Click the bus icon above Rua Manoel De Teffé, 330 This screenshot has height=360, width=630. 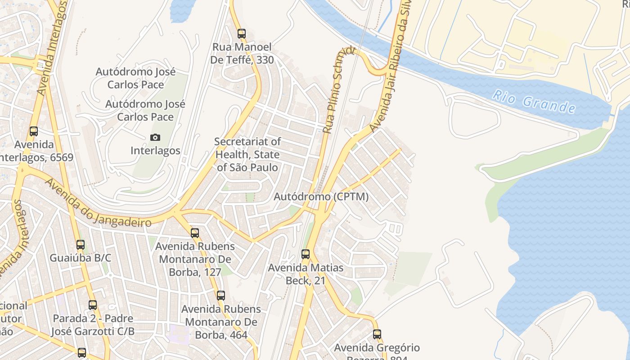[x=242, y=33]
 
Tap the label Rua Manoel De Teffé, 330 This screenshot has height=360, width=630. [x=243, y=53]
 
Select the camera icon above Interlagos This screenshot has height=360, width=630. [x=155, y=137]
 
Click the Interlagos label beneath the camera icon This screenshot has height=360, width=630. [x=155, y=150]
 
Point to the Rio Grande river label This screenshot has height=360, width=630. [x=534, y=102]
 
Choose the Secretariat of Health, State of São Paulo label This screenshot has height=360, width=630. [x=247, y=154]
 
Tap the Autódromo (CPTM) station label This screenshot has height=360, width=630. [x=321, y=197]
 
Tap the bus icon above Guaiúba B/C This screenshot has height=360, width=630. [x=81, y=245]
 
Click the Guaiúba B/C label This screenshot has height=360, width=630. [x=81, y=258]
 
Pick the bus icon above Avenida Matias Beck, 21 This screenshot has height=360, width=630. [x=306, y=254]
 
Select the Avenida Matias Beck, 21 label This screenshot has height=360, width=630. [x=306, y=274]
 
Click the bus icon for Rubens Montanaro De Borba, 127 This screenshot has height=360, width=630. [x=195, y=233]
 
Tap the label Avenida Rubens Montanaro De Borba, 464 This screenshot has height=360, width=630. [x=221, y=322]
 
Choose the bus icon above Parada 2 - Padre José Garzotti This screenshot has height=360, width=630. [x=93, y=305]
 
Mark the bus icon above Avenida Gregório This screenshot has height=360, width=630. [x=377, y=334]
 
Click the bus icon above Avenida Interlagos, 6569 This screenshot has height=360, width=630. [x=34, y=131]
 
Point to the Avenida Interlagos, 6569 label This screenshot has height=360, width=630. [x=34, y=151]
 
